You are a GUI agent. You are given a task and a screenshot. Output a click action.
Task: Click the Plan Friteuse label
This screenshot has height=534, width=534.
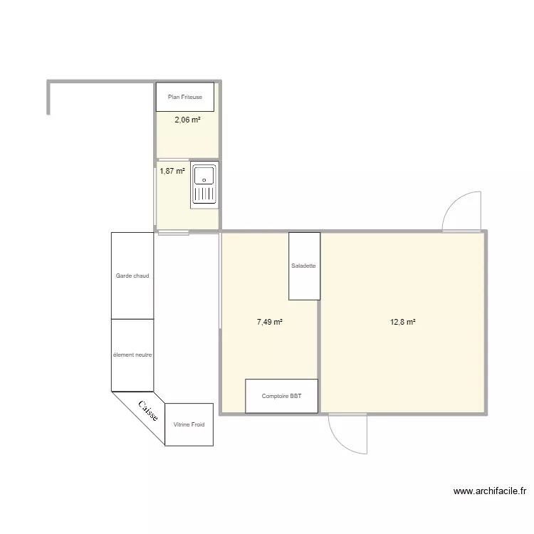point(185,97)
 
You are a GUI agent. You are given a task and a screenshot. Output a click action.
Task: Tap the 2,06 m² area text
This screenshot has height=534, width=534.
point(187,120)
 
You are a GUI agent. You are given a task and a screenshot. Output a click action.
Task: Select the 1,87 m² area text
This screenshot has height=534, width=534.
point(172,171)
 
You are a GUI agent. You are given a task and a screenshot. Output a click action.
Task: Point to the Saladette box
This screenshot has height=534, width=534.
point(304,266)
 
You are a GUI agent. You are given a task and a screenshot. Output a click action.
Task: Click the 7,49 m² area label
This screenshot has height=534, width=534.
point(270,322)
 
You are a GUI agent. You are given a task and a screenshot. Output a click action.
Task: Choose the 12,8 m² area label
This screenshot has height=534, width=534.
point(402,322)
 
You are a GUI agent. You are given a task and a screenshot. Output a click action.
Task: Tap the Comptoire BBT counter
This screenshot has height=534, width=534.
point(281,396)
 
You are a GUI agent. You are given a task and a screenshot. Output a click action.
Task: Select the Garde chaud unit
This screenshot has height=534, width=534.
point(132,276)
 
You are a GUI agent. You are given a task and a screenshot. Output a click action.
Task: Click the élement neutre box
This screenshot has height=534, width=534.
point(132,355)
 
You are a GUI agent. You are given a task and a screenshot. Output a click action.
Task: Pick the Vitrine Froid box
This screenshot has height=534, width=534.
point(189,424)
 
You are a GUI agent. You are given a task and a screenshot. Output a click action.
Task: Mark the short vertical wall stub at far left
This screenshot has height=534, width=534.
point(48,98)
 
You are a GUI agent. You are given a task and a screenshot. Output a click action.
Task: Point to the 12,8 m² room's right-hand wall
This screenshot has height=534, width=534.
point(486,322)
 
